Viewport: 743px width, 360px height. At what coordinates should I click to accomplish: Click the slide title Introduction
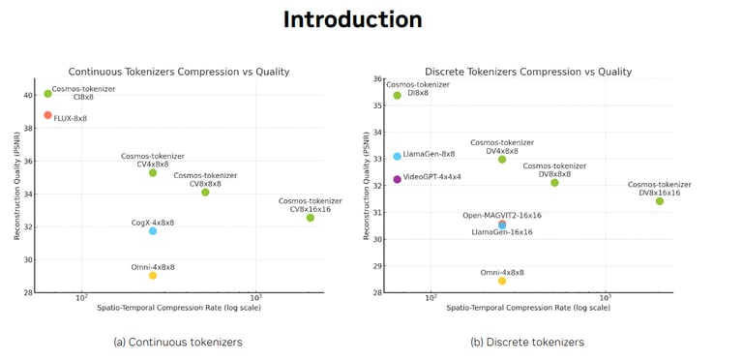pos(352,19)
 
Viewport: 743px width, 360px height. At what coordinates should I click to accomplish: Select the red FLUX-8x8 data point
pos(48,115)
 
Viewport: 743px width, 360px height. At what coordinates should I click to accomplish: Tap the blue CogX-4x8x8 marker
pos(153,230)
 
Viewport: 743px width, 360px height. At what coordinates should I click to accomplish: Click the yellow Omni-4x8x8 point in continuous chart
pos(153,275)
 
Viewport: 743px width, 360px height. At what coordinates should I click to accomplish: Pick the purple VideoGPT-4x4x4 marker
pos(398,179)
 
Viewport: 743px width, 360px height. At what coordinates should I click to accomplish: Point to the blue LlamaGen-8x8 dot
pos(398,156)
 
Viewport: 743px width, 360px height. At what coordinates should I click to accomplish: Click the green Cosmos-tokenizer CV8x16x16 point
pos(311,218)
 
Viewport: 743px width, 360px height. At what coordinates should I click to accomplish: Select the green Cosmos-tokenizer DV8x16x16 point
pos(660,201)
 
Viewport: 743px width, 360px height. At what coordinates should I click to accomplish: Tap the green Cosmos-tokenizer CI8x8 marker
pos(48,94)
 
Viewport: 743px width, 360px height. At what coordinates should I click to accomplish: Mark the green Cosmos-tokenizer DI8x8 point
pos(398,95)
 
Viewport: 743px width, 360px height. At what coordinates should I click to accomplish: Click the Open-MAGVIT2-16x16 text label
pos(502,215)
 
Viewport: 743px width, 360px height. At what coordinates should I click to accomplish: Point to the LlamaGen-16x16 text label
pos(502,232)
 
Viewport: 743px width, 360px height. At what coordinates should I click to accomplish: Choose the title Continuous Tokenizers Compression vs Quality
pos(179,72)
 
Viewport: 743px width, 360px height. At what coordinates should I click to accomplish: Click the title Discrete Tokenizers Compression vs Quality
pos(528,72)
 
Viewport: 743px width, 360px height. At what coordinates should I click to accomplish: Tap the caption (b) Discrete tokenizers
pos(527,342)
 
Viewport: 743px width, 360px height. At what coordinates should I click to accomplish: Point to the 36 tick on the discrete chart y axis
pos(376,79)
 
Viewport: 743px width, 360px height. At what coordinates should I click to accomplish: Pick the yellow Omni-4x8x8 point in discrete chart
pos(502,281)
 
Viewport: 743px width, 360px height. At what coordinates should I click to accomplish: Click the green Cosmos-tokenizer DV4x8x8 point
pos(502,159)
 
